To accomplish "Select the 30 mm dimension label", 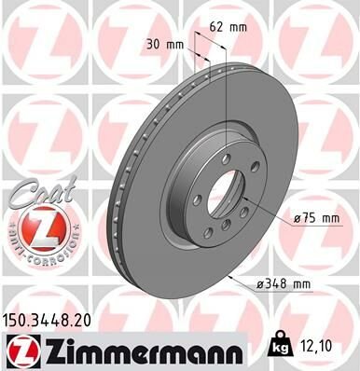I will tap(166, 45).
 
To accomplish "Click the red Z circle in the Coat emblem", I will tap(35, 224).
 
